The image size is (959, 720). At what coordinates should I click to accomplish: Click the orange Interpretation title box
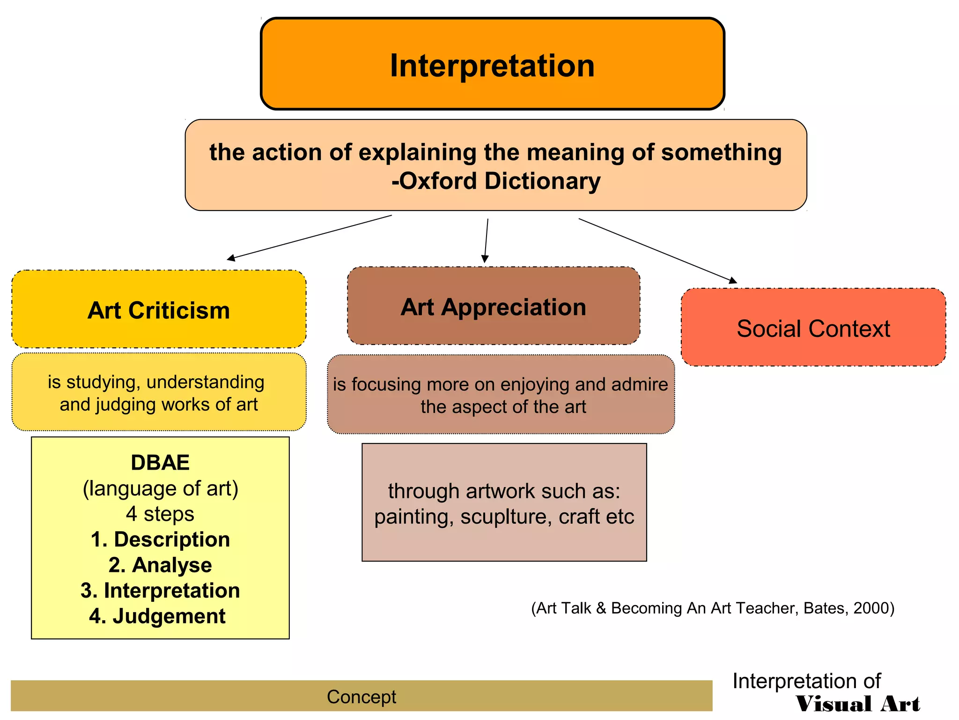click(492, 64)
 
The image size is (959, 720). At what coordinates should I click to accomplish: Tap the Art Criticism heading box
click(159, 310)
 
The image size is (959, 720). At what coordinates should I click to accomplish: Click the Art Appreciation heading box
click(494, 307)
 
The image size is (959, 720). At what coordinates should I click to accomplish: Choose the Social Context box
click(813, 328)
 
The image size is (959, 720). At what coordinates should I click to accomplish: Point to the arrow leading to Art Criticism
click(309, 237)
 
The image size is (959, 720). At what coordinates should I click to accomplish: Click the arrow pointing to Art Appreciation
click(486, 240)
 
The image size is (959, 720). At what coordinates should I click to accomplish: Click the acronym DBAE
click(160, 463)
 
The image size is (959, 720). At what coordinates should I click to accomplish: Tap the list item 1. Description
click(160, 539)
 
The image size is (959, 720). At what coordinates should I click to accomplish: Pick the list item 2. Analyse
click(160, 565)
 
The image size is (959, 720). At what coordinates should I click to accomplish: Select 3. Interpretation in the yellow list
click(160, 590)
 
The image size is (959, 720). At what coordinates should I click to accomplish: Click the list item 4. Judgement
click(158, 616)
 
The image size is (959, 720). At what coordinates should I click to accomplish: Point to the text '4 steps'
click(160, 514)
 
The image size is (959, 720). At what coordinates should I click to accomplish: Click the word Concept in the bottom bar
click(361, 697)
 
